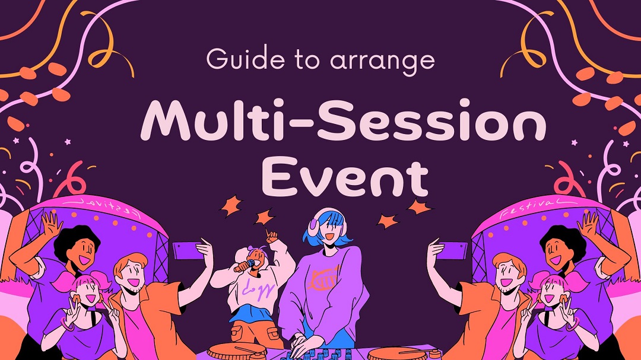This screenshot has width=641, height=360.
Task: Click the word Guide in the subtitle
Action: tap(245, 59)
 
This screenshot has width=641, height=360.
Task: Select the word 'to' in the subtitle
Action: tap(307, 60)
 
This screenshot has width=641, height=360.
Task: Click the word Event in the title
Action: tap(345, 178)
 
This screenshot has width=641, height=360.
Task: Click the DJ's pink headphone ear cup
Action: tap(314, 227)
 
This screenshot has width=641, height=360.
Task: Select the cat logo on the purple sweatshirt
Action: tap(324, 278)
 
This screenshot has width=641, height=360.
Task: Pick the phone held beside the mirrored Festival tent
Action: tap(188, 250)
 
